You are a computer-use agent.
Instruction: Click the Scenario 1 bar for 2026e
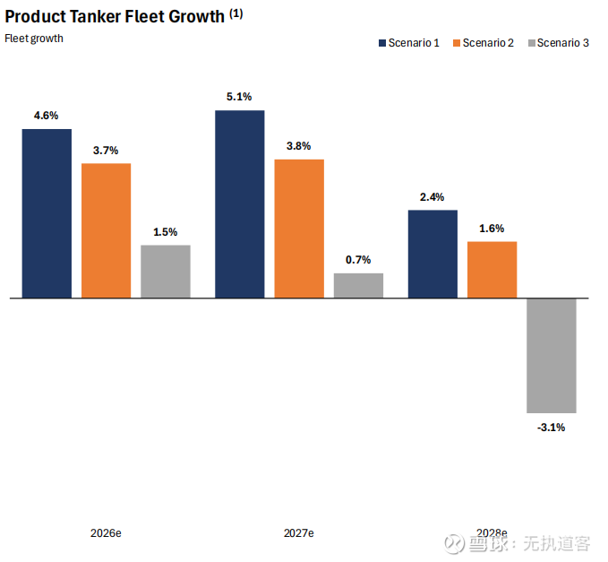coord(47,213)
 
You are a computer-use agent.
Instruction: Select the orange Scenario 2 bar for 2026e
coord(106,230)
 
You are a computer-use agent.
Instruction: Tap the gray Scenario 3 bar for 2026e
coord(166,271)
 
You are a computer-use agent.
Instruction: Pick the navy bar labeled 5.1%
coord(239,203)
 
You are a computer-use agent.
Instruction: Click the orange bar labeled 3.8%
coord(299,228)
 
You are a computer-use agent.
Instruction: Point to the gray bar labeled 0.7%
coord(358,285)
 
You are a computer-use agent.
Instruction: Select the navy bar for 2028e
coord(432,254)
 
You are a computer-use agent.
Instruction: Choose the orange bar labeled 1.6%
coord(492,269)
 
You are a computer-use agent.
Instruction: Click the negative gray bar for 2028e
coord(551,355)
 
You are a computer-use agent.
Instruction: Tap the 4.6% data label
coord(47,116)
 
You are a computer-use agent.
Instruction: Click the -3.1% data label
coord(551,428)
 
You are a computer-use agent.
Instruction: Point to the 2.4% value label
coord(432,197)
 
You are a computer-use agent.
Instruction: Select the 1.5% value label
coord(166,232)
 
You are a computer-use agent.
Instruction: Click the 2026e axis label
coord(106,533)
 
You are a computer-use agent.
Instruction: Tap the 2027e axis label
coord(299,533)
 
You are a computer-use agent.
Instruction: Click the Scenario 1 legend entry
coord(408,43)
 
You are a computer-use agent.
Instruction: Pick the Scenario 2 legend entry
coord(484,43)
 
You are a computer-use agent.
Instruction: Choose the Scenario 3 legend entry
coord(559,43)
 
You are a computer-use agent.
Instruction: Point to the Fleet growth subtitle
coord(34,39)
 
